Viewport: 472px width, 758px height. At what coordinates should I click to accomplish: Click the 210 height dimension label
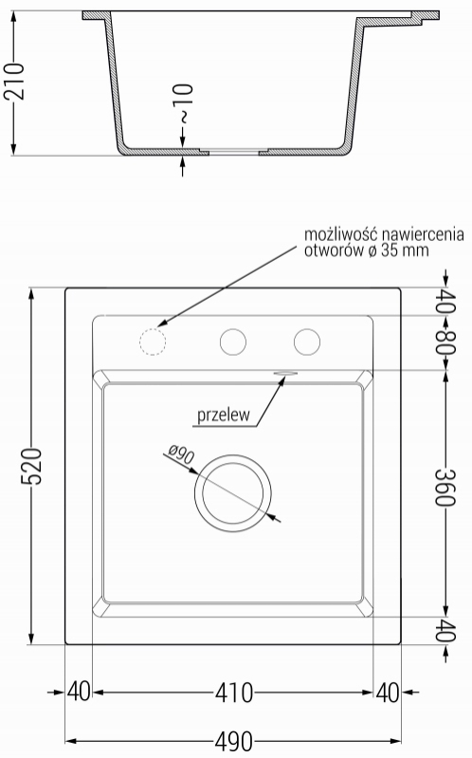tap(13, 82)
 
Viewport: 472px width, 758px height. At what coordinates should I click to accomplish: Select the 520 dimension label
tap(32, 466)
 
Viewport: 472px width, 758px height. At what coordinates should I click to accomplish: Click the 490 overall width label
tap(233, 741)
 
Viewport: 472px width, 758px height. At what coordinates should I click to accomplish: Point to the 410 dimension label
tap(234, 693)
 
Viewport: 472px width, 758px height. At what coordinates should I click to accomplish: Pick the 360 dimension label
tap(445, 487)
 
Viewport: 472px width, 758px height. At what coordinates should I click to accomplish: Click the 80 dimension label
tap(445, 342)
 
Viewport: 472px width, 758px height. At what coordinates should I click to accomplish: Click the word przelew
tap(224, 415)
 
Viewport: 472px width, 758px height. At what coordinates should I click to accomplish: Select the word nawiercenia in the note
tap(423, 234)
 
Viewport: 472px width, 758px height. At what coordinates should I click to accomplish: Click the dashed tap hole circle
tap(153, 342)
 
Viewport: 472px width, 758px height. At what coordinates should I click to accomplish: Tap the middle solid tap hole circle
tap(233, 342)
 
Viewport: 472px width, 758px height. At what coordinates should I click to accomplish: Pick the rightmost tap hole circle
tap(307, 342)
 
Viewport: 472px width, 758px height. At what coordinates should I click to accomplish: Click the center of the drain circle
tap(233, 493)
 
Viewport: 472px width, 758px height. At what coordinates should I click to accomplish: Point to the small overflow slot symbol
tap(285, 373)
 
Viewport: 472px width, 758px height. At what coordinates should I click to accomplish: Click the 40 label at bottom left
tap(79, 692)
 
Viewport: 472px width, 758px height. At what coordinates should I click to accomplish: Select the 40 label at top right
tap(445, 302)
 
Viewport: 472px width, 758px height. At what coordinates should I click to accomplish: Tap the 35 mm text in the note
tap(405, 250)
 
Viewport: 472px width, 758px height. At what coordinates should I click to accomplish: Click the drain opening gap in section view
tap(234, 153)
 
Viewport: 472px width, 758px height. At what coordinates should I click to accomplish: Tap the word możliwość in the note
tap(340, 234)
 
